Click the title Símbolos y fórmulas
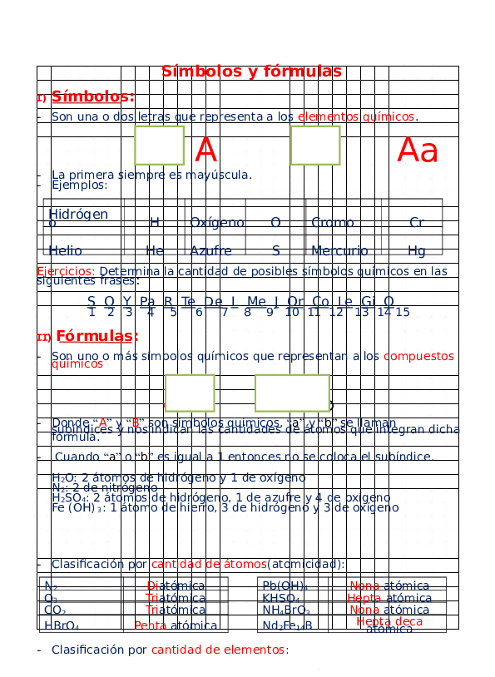click(x=251, y=72)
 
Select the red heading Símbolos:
click(x=92, y=96)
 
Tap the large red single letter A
click(x=205, y=151)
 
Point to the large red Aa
click(x=418, y=151)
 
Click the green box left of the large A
click(x=159, y=146)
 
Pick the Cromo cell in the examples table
click(x=333, y=223)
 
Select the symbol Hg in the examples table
click(x=417, y=250)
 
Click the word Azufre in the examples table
click(x=210, y=250)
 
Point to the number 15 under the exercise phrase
click(x=403, y=313)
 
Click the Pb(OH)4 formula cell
click(x=285, y=586)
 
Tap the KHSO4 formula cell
click(x=281, y=599)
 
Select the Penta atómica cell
click(x=176, y=625)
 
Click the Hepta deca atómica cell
click(x=389, y=625)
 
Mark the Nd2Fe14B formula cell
click(x=287, y=625)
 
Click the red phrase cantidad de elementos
click(x=219, y=650)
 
